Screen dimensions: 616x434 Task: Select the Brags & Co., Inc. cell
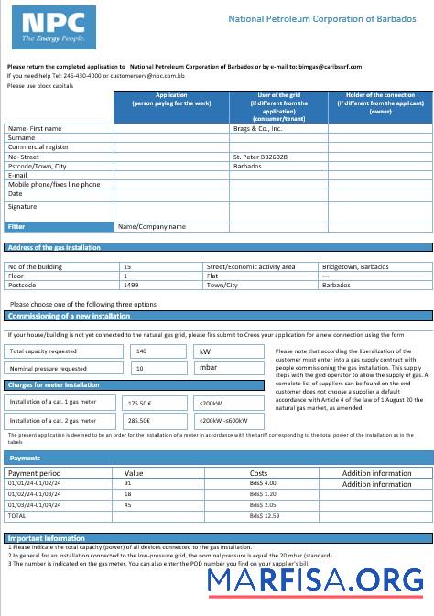(x=257, y=129)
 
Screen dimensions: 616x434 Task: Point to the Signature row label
(x=23, y=207)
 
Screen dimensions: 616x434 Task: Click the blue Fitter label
(x=17, y=226)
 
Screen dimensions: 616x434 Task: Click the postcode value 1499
(x=131, y=285)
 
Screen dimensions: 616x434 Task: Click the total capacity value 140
(x=141, y=351)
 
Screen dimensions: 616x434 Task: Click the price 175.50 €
(x=140, y=402)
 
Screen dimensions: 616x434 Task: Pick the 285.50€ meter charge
(x=140, y=420)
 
